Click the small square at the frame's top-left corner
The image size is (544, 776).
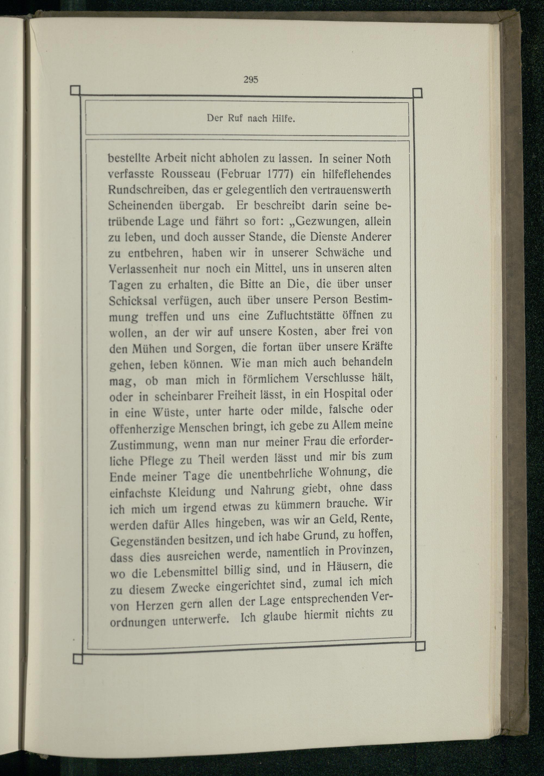[x=75, y=90]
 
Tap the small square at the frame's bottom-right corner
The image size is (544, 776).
[x=420, y=646]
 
